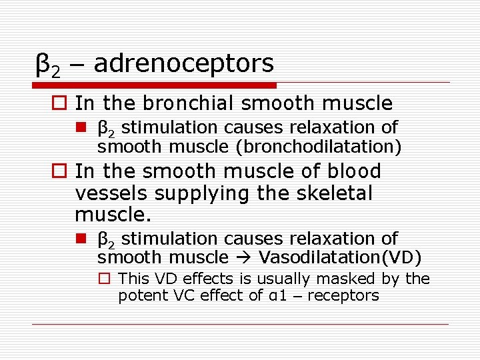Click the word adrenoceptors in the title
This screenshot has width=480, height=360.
[183, 63]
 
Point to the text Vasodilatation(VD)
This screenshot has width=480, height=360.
[340, 257]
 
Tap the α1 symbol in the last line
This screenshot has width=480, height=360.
[275, 296]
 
